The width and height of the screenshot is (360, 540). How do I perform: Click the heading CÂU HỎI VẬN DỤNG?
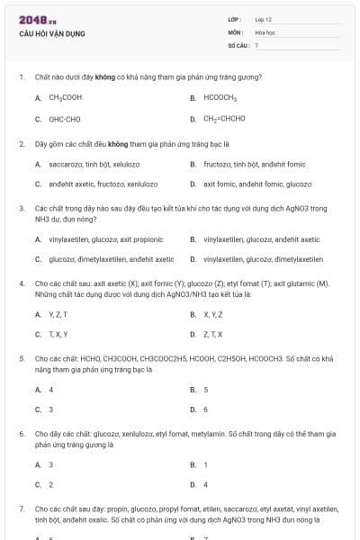pos(51,33)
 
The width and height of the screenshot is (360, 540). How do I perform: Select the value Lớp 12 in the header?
pos(264,19)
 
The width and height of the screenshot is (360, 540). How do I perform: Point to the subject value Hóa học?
pos(265,31)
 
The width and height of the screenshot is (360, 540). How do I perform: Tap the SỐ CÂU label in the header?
pos(237,44)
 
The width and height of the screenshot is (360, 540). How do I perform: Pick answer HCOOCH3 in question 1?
pos(220,97)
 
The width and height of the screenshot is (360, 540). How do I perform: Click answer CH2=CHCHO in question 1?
pos(224,119)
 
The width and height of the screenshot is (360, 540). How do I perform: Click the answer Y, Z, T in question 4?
pos(58,314)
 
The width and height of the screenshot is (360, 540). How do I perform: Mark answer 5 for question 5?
pos(206,390)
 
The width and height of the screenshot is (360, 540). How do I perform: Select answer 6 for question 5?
pos(206,409)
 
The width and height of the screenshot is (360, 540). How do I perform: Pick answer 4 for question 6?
pos(206,485)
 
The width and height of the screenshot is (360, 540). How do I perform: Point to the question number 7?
pos(21,508)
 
